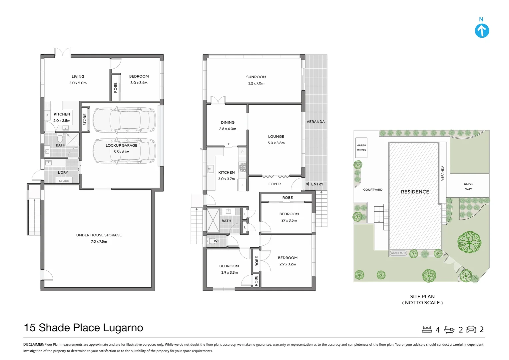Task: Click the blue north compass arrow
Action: click(482, 31)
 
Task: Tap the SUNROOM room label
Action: click(256, 77)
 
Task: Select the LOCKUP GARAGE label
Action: click(121, 145)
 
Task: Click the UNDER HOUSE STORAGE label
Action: click(99, 235)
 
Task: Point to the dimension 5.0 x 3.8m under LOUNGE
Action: click(276, 143)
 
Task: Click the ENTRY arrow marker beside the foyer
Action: click(307, 184)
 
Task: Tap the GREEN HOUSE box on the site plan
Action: click(361, 148)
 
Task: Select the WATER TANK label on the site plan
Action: click(398, 253)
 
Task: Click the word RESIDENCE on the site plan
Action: click(415, 192)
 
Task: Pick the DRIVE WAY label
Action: click(469, 186)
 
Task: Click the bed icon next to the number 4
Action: click(427, 330)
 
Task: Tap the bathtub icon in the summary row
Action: click(449, 330)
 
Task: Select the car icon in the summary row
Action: click(471, 330)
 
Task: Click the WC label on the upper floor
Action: click(217, 241)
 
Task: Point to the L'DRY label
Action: click(63, 172)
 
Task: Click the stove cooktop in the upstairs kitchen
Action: click(243, 167)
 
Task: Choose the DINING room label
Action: click(228, 122)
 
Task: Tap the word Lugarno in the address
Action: click(123, 328)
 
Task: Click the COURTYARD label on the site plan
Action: click(373, 189)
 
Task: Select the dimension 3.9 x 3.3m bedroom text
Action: click(229, 272)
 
